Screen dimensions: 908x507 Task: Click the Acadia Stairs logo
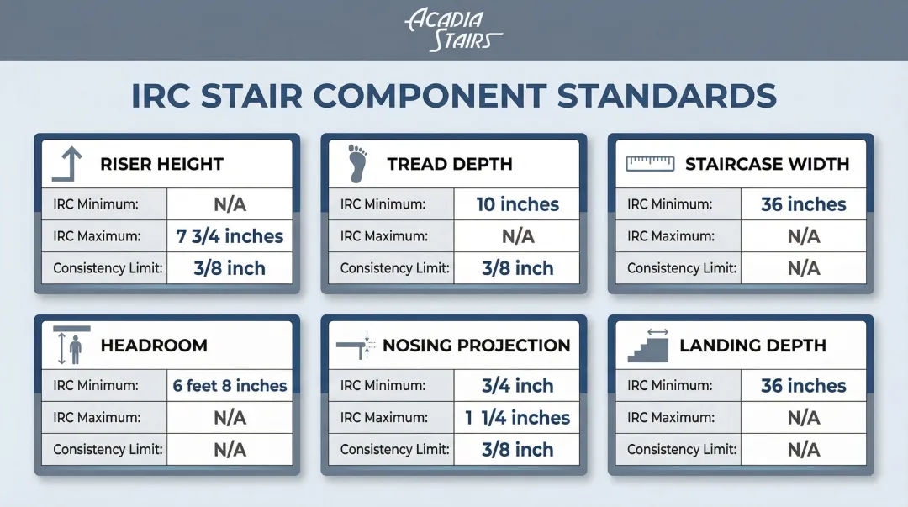coord(454,30)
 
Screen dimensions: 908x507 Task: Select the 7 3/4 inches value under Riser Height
coord(230,235)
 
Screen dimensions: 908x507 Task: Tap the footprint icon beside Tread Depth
coord(357,164)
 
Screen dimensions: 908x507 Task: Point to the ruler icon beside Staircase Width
coord(650,163)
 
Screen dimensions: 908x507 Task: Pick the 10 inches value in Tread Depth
coord(517,204)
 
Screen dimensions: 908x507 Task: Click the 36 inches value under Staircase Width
coord(803,204)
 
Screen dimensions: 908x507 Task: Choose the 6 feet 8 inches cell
coord(230,385)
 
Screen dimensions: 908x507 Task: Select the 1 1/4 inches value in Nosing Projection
coord(517,417)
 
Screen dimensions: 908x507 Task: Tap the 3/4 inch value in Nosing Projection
coord(517,385)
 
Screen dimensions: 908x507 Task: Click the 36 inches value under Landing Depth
coord(803,385)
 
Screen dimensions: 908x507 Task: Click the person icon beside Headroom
coord(76,350)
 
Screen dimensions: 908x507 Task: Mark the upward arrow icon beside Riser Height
coord(67,164)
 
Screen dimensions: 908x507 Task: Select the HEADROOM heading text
coord(154,346)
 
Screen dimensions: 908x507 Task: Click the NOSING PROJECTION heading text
coord(477,346)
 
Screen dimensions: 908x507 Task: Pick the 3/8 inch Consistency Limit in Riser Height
coord(230,267)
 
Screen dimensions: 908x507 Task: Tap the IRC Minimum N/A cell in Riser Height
coord(230,204)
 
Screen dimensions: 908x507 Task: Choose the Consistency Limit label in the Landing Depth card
coord(682,449)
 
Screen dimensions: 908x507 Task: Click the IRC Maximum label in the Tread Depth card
coord(384,235)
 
